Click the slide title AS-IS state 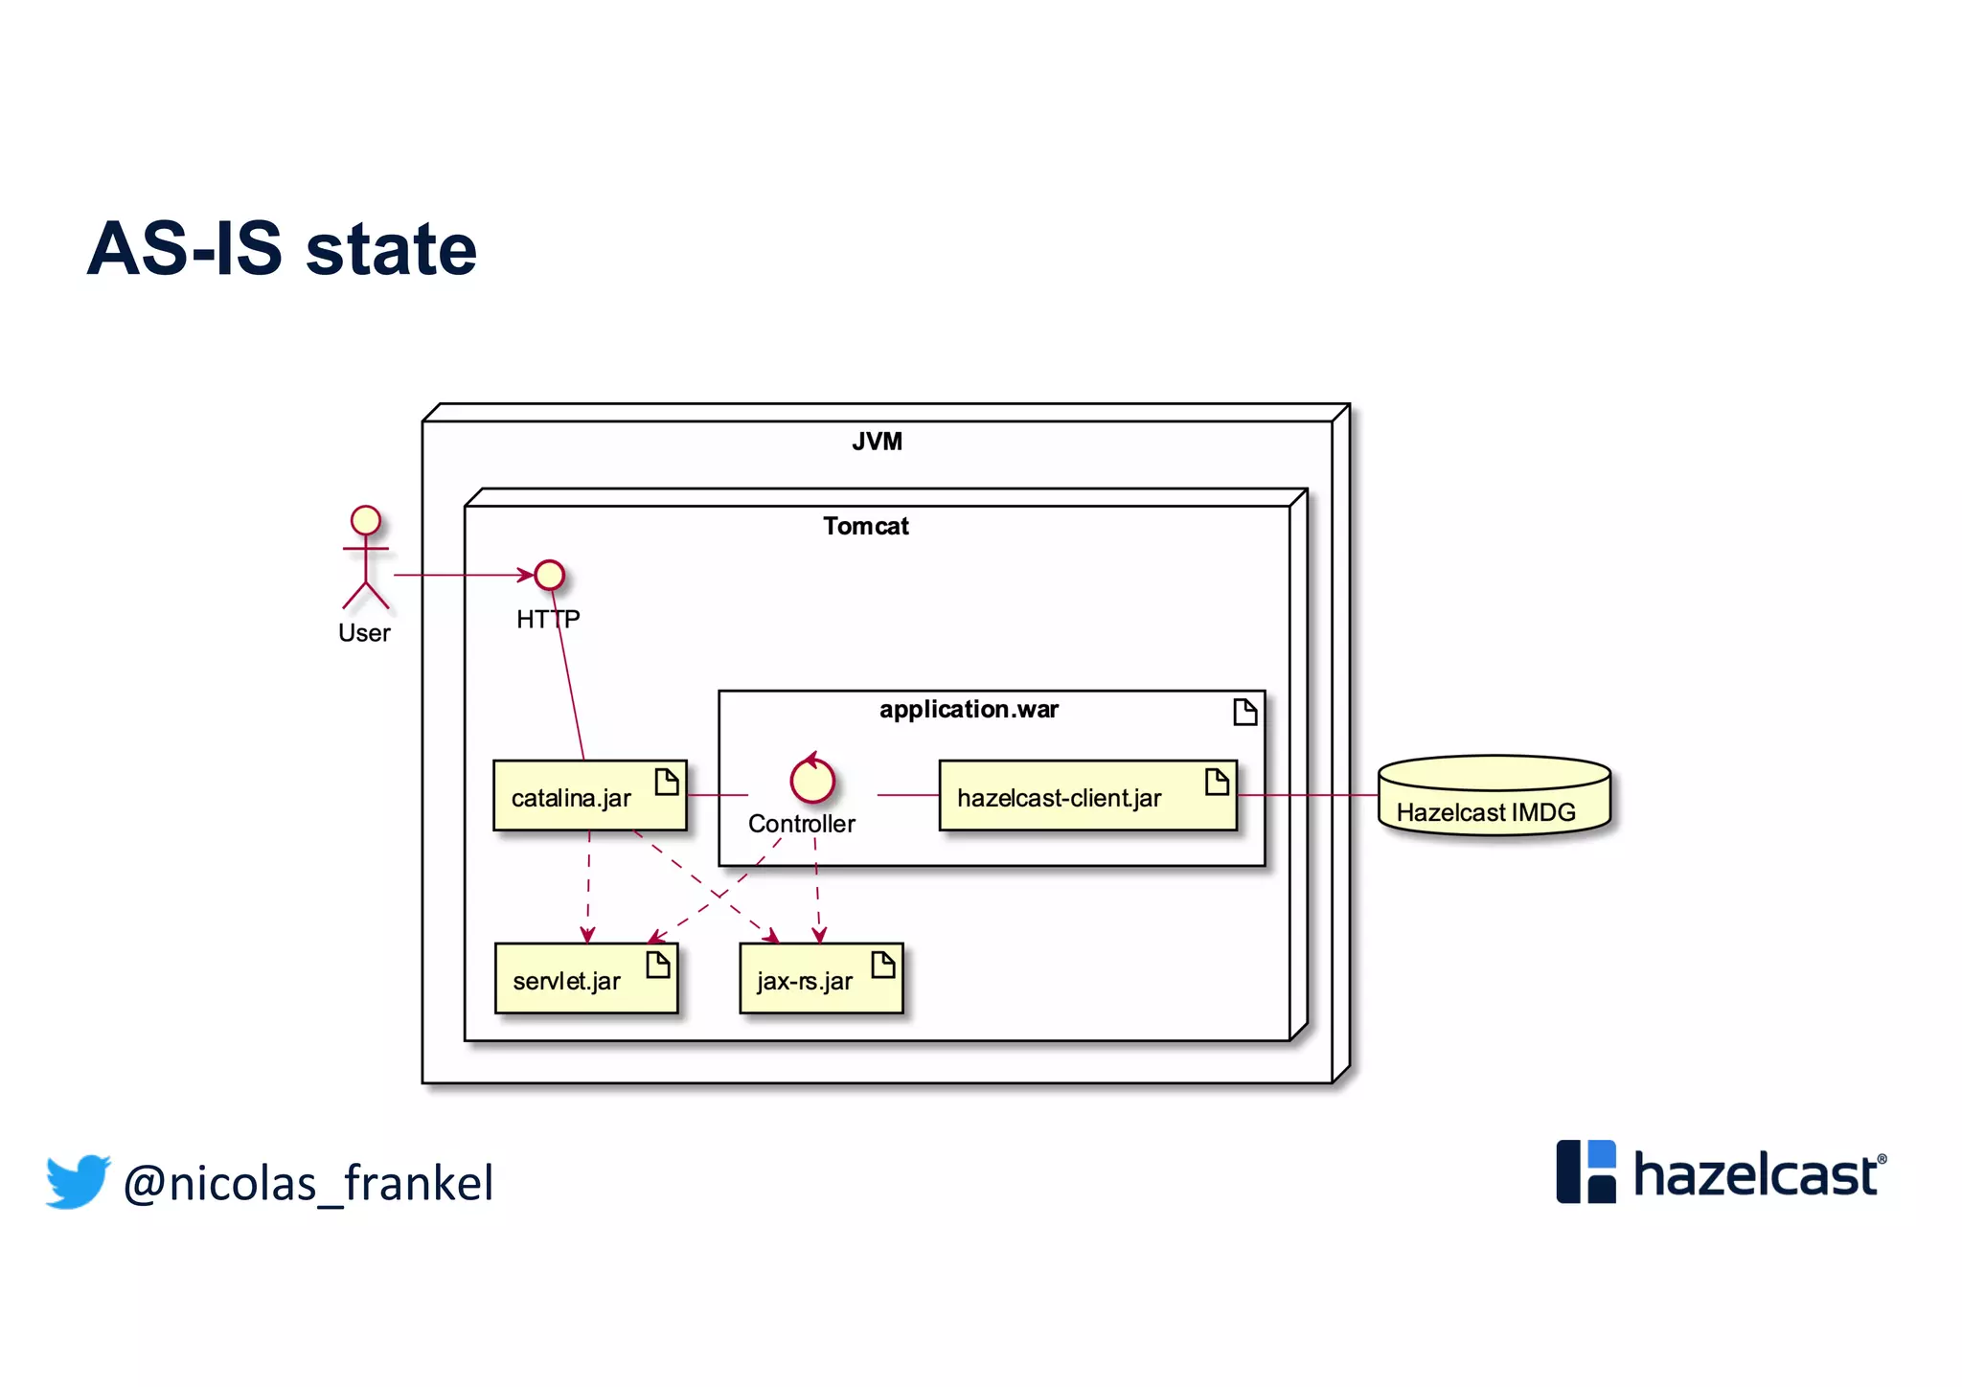pyautogui.click(x=282, y=249)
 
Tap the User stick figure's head pyautogui.click(x=365, y=520)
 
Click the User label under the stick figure pyautogui.click(x=364, y=633)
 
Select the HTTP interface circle pyautogui.click(x=549, y=575)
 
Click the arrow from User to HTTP pyautogui.click(x=460, y=575)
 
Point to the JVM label pyautogui.click(x=877, y=442)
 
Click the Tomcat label pyautogui.click(x=865, y=526)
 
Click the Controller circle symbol pyautogui.click(x=812, y=780)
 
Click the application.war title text pyautogui.click(x=969, y=710)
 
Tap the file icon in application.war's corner pyautogui.click(x=1244, y=712)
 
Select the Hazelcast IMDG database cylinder pyautogui.click(x=1494, y=796)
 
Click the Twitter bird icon pyautogui.click(x=78, y=1180)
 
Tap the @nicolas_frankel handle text pyautogui.click(x=308, y=1183)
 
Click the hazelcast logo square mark pyautogui.click(x=1586, y=1171)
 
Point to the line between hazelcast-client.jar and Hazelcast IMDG pyautogui.click(x=1308, y=795)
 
